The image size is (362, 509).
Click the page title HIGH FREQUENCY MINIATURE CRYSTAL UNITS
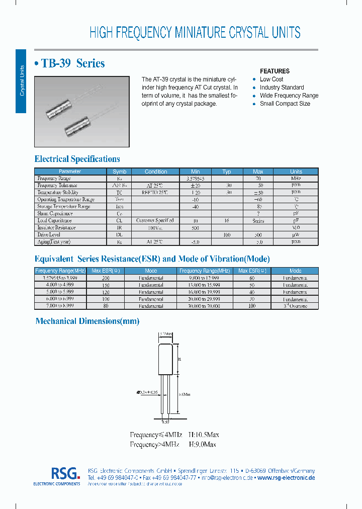click(195, 33)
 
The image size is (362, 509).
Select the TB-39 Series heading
click(69, 63)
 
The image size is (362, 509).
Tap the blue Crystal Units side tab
click(21, 80)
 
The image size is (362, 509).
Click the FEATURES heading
click(275, 71)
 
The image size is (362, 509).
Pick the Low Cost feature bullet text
click(271, 79)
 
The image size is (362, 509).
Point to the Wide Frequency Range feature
click(289, 96)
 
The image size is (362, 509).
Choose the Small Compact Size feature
click(285, 104)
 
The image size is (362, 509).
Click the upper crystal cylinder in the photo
click(60, 109)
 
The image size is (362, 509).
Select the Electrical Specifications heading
click(77, 159)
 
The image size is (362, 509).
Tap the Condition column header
click(156, 172)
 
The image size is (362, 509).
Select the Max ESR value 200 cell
click(105, 278)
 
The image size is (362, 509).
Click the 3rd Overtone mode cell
click(295, 306)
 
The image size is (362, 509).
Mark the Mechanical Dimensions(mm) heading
click(87, 321)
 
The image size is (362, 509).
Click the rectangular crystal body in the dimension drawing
click(166, 358)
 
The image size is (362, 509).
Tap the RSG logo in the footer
click(65, 473)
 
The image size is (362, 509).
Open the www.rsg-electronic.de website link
click(286, 477)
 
